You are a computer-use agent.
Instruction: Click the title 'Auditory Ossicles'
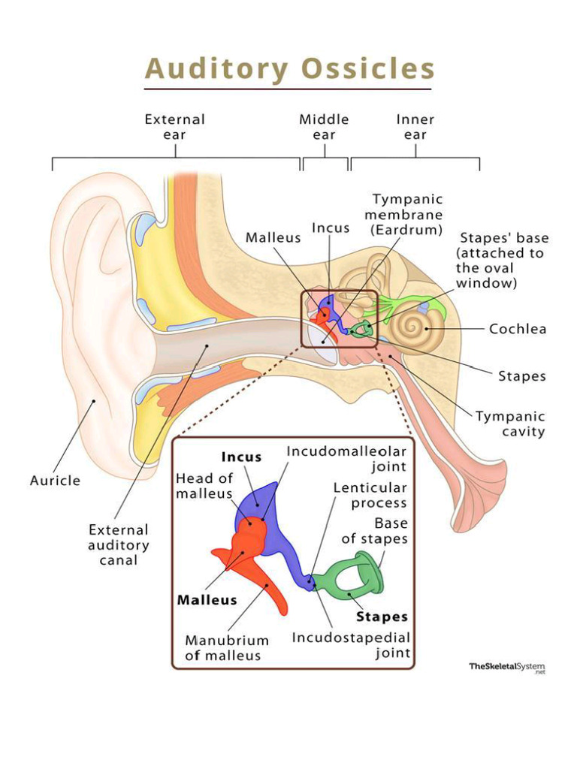[x=289, y=68]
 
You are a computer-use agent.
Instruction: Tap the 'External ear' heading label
[x=174, y=127]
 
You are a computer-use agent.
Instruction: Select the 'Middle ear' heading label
[x=324, y=127]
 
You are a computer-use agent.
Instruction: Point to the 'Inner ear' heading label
[x=415, y=127]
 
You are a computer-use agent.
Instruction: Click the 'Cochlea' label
[x=518, y=329]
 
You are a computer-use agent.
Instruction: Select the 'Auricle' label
[x=55, y=481]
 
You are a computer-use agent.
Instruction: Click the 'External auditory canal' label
[x=119, y=545]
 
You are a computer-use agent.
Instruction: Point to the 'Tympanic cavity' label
[x=510, y=424]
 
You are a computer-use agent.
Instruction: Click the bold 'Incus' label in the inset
[x=241, y=457]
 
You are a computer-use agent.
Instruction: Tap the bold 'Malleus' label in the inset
[x=207, y=600]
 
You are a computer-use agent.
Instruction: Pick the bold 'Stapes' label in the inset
[x=382, y=617]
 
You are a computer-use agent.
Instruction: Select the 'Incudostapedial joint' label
[x=351, y=645]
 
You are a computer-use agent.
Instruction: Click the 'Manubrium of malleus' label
[x=226, y=648]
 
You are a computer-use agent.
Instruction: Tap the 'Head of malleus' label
[x=204, y=486]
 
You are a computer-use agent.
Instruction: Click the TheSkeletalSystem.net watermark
[x=507, y=667]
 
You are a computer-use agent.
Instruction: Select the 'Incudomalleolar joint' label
[x=346, y=459]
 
